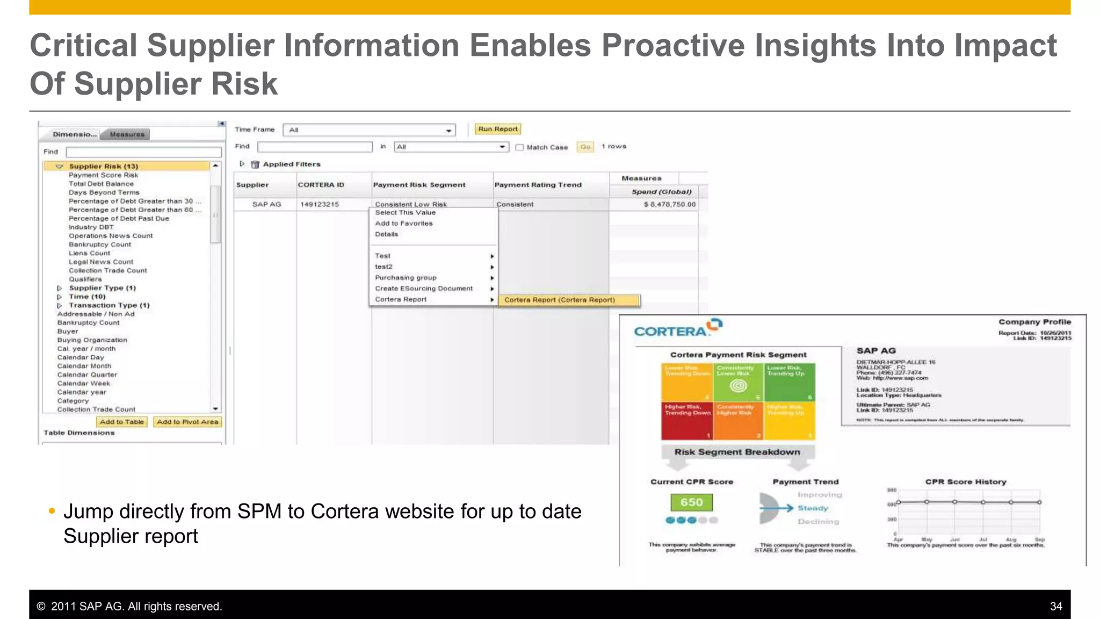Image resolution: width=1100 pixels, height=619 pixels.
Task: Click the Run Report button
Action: pyautogui.click(x=498, y=129)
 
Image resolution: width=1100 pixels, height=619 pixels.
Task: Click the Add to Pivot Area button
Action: pyautogui.click(x=187, y=422)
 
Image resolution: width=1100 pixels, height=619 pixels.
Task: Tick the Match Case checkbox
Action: pyautogui.click(x=519, y=147)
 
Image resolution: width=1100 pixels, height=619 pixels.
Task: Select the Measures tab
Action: pyautogui.click(x=127, y=134)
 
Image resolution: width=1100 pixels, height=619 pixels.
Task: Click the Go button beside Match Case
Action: pyautogui.click(x=585, y=147)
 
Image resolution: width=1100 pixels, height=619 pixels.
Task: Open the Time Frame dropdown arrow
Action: pyautogui.click(x=448, y=131)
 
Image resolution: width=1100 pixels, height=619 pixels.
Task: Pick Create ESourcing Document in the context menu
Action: pyautogui.click(x=424, y=289)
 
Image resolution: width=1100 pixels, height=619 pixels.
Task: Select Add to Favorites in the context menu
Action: pyautogui.click(x=404, y=224)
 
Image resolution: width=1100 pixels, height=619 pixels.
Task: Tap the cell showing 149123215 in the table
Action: pyautogui.click(x=320, y=204)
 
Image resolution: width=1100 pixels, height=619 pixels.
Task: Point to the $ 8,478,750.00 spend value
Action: pyautogui.click(x=670, y=204)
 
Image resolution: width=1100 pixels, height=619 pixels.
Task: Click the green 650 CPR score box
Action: pyautogui.click(x=691, y=502)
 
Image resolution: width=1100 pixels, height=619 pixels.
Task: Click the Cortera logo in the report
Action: pyautogui.click(x=677, y=328)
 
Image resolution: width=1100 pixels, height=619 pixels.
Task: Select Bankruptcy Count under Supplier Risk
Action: pyautogui.click(x=100, y=244)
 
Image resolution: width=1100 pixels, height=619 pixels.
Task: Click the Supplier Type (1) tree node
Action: pyautogui.click(x=103, y=288)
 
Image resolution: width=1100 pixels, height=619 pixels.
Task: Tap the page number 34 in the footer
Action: pyautogui.click(x=1055, y=606)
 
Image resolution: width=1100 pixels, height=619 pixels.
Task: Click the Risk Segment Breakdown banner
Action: pyautogui.click(x=737, y=452)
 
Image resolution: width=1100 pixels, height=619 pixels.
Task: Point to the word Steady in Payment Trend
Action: pyautogui.click(x=813, y=508)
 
